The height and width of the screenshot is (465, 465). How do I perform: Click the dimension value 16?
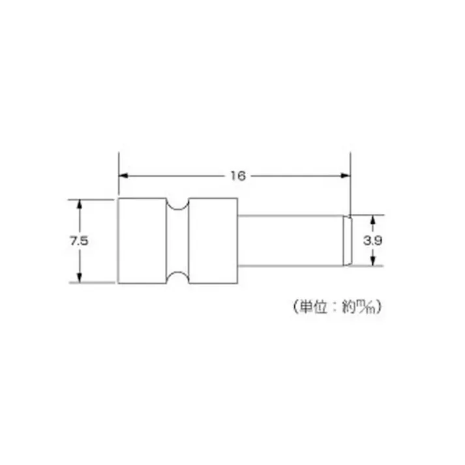click(236, 175)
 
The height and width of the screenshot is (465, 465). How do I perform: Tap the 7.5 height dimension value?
click(80, 241)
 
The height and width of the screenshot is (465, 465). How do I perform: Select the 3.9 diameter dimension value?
click(373, 241)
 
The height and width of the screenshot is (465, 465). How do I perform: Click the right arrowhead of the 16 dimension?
click(346, 175)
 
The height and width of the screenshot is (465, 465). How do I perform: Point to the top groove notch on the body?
click(176, 203)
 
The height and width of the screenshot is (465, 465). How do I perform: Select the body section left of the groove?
click(142, 241)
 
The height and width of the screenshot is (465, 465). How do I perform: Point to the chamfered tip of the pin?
click(348, 241)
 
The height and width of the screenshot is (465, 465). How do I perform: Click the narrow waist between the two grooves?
click(176, 241)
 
